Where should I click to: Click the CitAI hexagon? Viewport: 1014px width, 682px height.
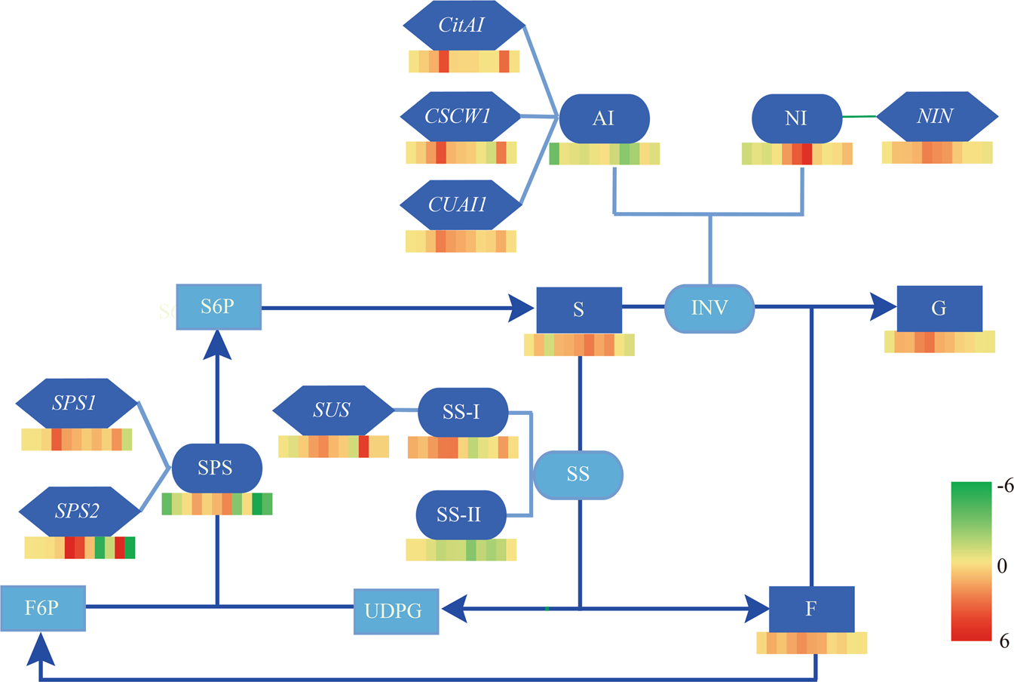[463, 26]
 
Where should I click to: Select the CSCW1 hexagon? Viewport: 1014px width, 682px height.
[459, 116]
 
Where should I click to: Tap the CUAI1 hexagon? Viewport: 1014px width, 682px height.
[459, 204]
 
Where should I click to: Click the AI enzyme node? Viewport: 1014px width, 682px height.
[604, 118]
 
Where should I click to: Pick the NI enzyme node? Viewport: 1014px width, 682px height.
[797, 118]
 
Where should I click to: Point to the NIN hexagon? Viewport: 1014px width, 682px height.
[936, 116]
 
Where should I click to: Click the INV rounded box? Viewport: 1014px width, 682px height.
[709, 308]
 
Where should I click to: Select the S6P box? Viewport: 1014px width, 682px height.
[219, 307]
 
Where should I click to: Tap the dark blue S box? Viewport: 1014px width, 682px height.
[579, 309]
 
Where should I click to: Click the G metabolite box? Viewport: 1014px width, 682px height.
[939, 308]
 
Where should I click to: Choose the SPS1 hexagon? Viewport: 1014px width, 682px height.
[76, 404]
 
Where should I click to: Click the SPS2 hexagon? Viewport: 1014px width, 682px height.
[78, 511]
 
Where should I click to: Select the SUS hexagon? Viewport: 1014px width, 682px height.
[332, 410]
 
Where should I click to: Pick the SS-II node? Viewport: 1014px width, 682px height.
[460, 515]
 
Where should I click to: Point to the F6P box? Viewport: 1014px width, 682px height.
[43, 608]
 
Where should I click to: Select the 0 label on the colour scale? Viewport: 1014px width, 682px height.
[1002, 566]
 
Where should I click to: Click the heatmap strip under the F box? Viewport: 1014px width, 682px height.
[811, 643]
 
